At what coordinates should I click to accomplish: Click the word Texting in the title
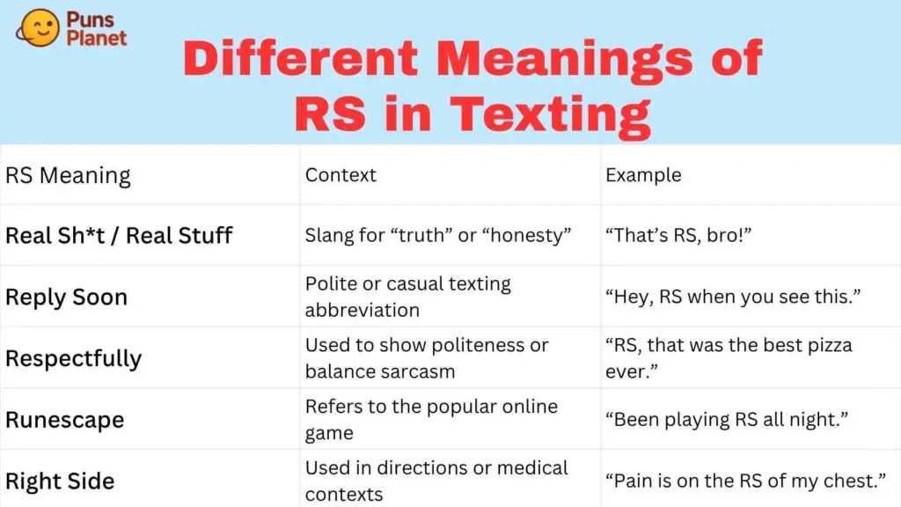550,114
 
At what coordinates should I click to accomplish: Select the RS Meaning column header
68,175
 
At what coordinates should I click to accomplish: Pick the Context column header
341,174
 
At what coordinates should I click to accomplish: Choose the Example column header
643,174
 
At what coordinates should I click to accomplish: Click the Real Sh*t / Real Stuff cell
119,235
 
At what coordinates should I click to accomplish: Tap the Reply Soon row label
66,297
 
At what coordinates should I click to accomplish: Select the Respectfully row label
73,358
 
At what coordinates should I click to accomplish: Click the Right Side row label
60,481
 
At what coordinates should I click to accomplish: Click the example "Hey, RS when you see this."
731,297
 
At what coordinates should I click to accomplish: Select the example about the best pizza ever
729,357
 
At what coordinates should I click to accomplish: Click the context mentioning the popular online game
431,419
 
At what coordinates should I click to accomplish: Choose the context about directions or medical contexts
436,481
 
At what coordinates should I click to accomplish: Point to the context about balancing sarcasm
427,357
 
